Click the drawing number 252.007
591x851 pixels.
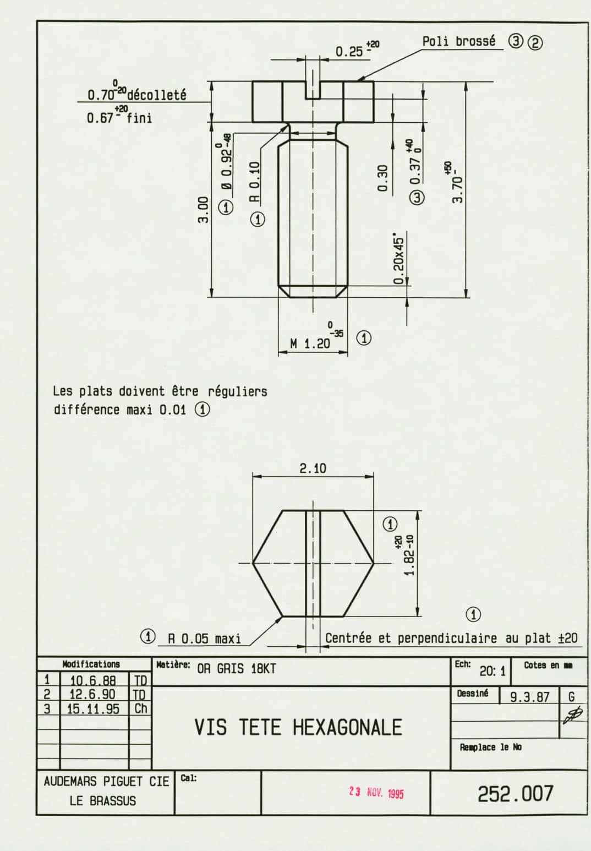[x=516, y=794]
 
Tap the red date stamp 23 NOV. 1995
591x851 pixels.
[x=376, y=793]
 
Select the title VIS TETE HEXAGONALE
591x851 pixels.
[x=298, y=728]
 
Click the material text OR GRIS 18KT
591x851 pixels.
[x=236, y=669]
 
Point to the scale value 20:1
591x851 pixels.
[x=492, y=672]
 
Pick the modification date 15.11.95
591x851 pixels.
[x=93, y=709]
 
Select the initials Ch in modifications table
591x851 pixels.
[x=140, y=708]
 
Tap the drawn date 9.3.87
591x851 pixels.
[x=529, y=697]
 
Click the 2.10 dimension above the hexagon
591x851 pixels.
[x=313, y=468]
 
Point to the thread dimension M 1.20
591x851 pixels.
[x=310, y=343]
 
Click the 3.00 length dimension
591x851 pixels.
[x=204, y=210]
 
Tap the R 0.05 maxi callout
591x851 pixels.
[x=204, y=639]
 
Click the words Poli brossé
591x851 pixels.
[x=459, y=41]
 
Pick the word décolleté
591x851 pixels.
[x=156, y=95]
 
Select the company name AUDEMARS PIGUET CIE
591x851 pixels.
[x=106, y=782]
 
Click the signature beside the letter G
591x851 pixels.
[x=573, y=716]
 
